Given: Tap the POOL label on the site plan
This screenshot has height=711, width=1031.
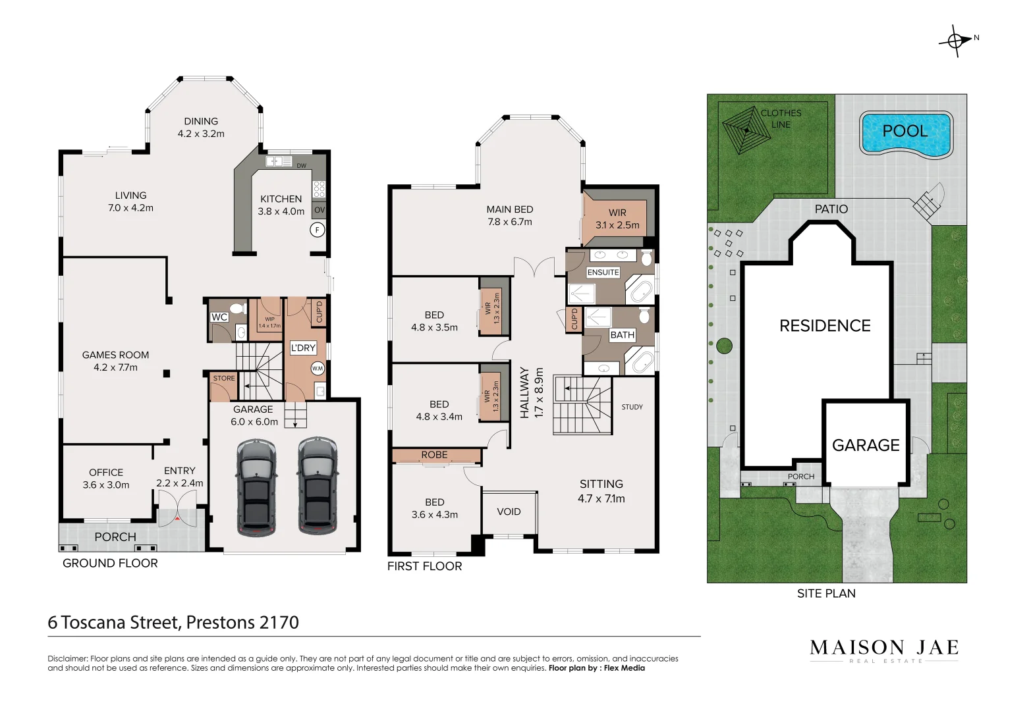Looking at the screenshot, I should [x=905, y=131].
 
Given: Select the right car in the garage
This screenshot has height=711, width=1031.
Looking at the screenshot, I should [x=317, y=485].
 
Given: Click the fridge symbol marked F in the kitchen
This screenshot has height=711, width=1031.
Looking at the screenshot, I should [x=318, y=230].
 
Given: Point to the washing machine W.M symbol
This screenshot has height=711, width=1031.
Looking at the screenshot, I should [x=318, y=369].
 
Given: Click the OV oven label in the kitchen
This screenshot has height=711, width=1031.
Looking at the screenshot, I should [x=320, y=210].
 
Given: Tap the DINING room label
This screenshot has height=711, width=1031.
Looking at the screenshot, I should [x=201, y=121].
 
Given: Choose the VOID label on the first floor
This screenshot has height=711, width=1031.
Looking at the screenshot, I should [x=509, y=512].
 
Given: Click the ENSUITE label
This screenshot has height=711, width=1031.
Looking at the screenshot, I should [x=603, y=272].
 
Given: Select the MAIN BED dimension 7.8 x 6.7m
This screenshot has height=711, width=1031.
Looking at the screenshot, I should [x=510, y=222].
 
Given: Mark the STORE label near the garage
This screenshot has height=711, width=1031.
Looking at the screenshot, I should [x=224, y=378].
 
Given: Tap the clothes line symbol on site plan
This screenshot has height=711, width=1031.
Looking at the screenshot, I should [x=746, y=130].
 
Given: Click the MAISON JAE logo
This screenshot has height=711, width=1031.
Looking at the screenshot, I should [x=883, y=649].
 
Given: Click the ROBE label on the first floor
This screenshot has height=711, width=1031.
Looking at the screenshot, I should [x=434, y=455].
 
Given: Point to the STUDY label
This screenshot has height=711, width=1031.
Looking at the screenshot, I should [x=632, y=407].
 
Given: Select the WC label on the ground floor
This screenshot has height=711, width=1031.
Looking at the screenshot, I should [x=219, y=317].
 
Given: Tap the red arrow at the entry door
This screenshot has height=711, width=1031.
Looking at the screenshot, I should [x=177, y=519].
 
